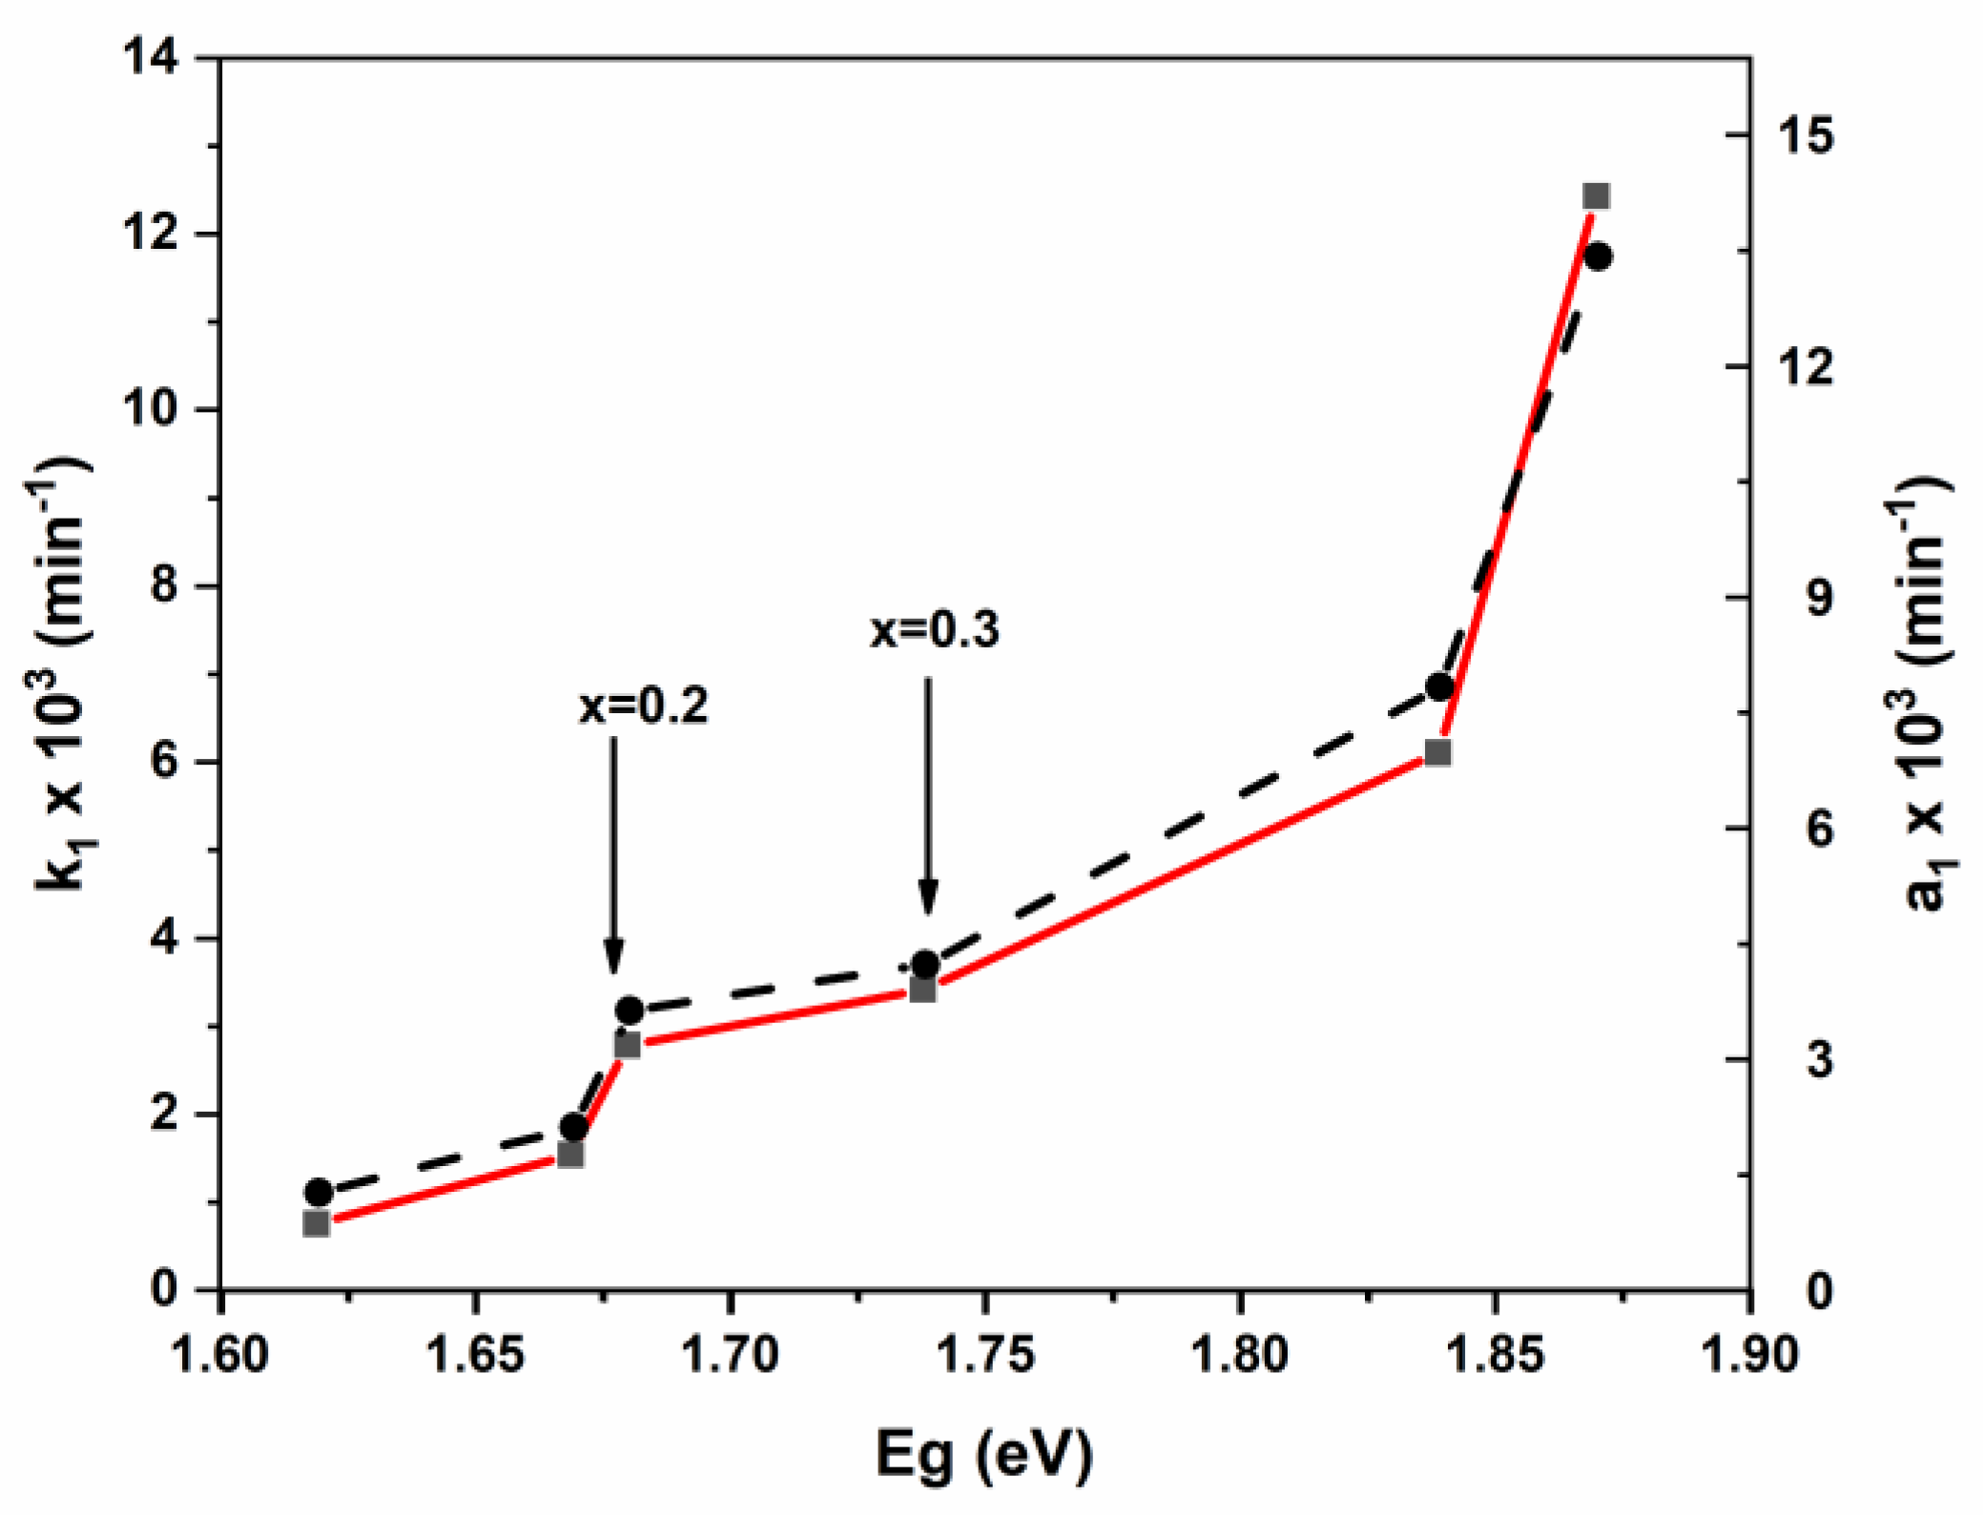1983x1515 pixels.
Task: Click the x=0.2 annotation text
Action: pos(644,706)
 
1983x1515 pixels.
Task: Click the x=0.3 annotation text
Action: pos(935,630)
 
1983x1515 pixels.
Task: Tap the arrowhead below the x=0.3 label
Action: pos(928,897)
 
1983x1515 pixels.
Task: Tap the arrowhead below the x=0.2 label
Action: pos(614,954)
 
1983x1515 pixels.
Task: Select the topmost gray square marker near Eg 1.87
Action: pos(1596,196)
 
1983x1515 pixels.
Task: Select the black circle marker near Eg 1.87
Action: pos(1599,256)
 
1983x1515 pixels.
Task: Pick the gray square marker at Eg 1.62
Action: pos(316,1224)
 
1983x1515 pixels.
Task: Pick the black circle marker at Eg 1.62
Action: pos(319,1193)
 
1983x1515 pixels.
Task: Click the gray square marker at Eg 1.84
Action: pos(1438,753)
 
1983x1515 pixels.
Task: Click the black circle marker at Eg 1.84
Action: pos(1439,687)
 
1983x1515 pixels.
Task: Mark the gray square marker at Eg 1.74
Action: pos(922,990)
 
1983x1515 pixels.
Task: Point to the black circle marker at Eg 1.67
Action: pos(573,1127)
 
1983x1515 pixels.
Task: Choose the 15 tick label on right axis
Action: pos(1806,135)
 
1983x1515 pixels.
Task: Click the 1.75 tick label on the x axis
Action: pos(984,1355)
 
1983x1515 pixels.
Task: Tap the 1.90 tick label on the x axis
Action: pos(1750,1355)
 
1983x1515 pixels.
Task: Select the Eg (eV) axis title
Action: pos(984,1454)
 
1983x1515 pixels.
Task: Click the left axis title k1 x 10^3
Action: pos(62,677)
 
